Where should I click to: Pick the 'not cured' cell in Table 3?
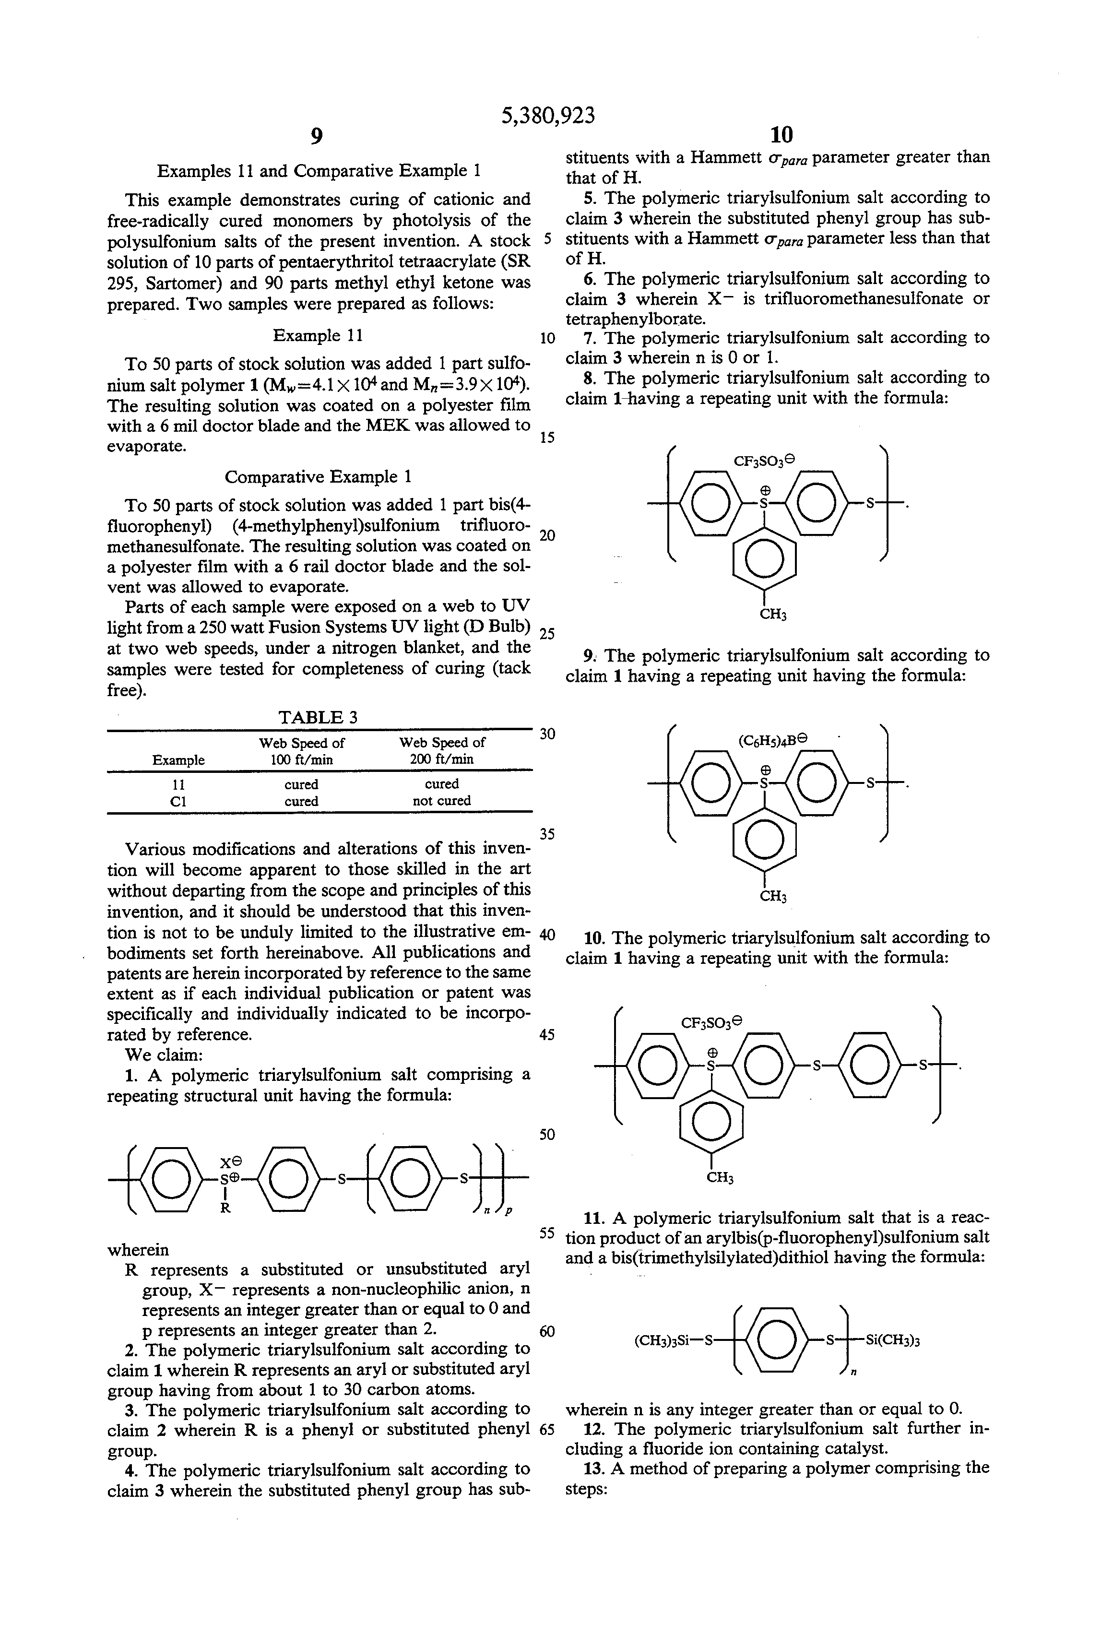[x=442, y=801]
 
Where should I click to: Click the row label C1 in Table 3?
[x=178, y=801]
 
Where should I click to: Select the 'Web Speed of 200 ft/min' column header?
[x=442, y=751]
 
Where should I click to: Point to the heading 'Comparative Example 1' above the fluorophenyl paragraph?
[x=318, y=477]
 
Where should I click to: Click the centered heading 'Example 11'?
[x=318, y=335]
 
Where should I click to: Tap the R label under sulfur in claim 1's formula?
[x=225, y=1208]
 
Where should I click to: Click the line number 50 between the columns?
[x=546, y=1135]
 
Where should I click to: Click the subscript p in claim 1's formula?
[x=509, y=1211]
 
